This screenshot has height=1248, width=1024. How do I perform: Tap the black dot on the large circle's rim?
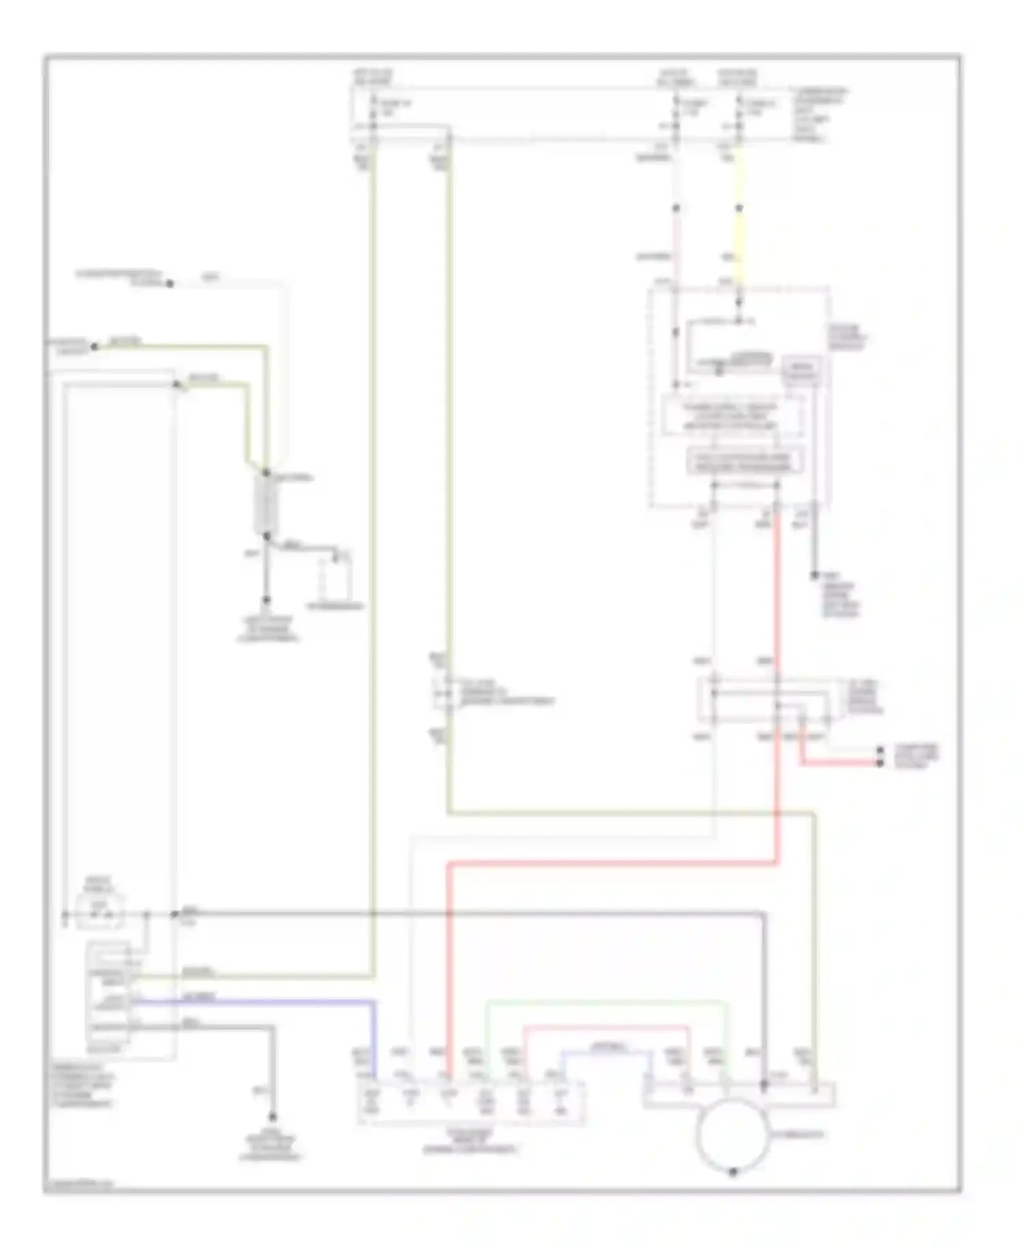tap(733, 1172)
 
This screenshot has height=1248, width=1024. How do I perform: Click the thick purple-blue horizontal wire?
tap(253, 1001)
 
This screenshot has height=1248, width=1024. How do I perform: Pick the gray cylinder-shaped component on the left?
tap(265, 505)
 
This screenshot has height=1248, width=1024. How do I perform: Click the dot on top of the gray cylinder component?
tap(266, 472)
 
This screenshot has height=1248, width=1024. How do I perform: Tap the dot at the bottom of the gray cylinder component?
tap(266, 537)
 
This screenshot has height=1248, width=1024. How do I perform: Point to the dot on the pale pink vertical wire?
tap(676, 208)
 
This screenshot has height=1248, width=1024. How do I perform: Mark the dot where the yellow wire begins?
tap(739, 208)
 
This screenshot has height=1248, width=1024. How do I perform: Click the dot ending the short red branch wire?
tap(880, 762)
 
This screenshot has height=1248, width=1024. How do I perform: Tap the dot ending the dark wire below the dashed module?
tap(814, 576)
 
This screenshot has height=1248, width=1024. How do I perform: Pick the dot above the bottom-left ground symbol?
tap(272, 1118)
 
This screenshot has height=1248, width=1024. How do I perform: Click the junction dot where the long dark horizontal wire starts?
tap(175, 913)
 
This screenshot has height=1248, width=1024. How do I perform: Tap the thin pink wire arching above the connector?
tap(606, 1026)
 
